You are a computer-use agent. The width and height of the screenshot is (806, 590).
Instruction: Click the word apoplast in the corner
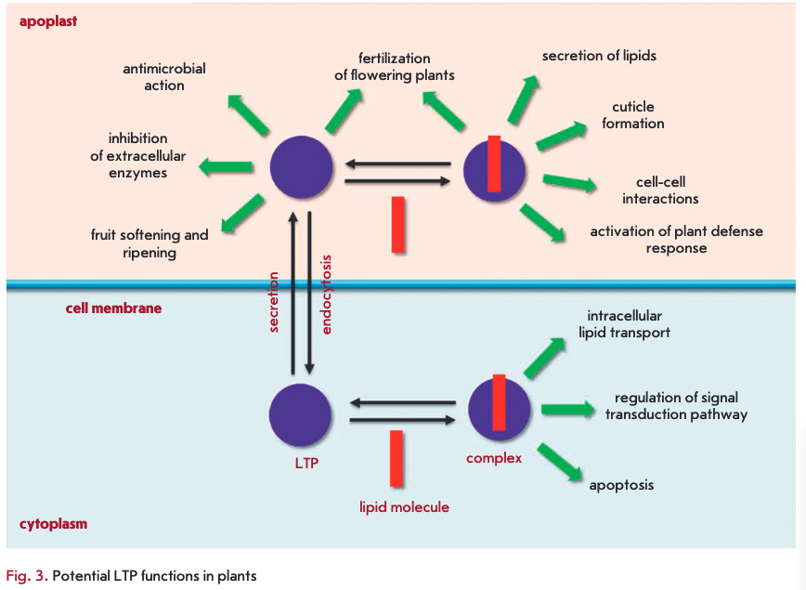pyautogui.click(x=48, y=20)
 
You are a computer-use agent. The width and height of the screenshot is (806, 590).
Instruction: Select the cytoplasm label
pyautogui.click(x=53, y=524)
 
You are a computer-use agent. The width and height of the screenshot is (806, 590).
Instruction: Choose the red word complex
pyautogui.click(x=494, y=457)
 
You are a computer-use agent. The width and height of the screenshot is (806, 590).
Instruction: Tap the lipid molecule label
pyautogui.click(x=404, y=506)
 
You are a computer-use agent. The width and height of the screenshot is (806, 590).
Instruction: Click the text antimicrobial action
pyautogui.click(x=164, y=77)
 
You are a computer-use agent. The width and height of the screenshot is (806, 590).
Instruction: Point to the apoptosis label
pyautogui.click(x=621, y=485)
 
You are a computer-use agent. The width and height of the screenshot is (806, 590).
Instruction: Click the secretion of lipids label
pyautogui.click(x=599, y=56)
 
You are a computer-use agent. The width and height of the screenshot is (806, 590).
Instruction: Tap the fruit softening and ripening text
pyautogui.click(x=149, y=243)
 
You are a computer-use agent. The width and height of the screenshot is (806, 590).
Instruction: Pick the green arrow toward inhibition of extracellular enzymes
pyautogui.click(x=227, y=167)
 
